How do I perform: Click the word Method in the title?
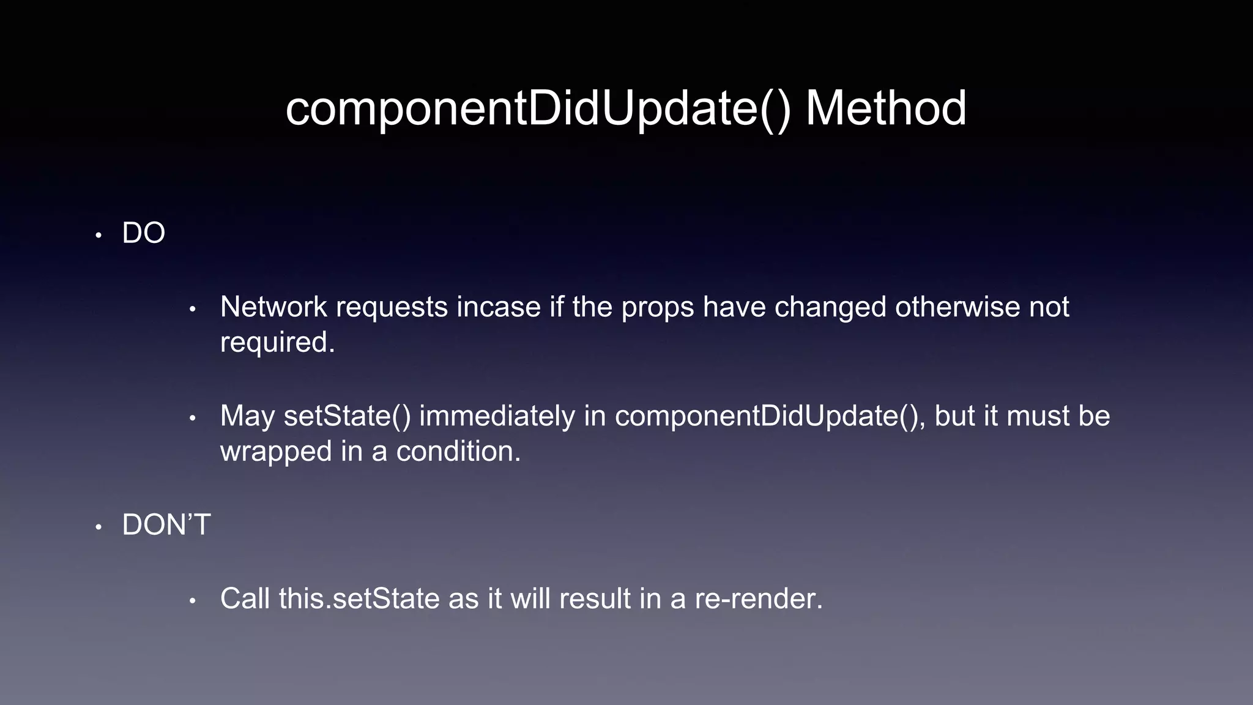click(885, 108)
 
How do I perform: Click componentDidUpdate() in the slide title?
click(538, 108)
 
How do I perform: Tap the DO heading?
click(144, 233)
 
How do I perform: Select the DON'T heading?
click(166, 525)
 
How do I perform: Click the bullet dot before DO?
click(99, 236)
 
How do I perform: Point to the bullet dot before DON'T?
click(99, 528)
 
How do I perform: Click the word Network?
click(273, 307)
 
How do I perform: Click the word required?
click(277, 342)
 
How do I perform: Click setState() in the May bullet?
click(347, 416)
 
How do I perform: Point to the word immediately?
click(497, 416)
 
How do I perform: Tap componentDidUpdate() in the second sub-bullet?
click(770, 416)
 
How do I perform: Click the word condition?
click(458, 452)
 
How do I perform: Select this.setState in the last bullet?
click(359, 599)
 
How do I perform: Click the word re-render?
click(759, 599)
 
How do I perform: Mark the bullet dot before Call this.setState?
click(192, 602)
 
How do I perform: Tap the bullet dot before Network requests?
click(192, 310)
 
